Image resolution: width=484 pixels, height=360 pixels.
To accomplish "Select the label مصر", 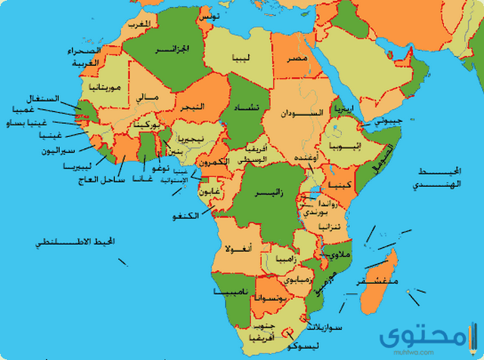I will [x=296, y=58].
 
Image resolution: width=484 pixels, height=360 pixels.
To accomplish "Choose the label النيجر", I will [x=192, y=108].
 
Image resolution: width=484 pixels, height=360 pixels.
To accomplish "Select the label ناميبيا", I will [x=228, y=290].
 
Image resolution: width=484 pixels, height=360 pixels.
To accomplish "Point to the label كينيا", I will [x=337, y=185].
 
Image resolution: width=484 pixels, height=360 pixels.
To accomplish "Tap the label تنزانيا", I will [x=330, y=226].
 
